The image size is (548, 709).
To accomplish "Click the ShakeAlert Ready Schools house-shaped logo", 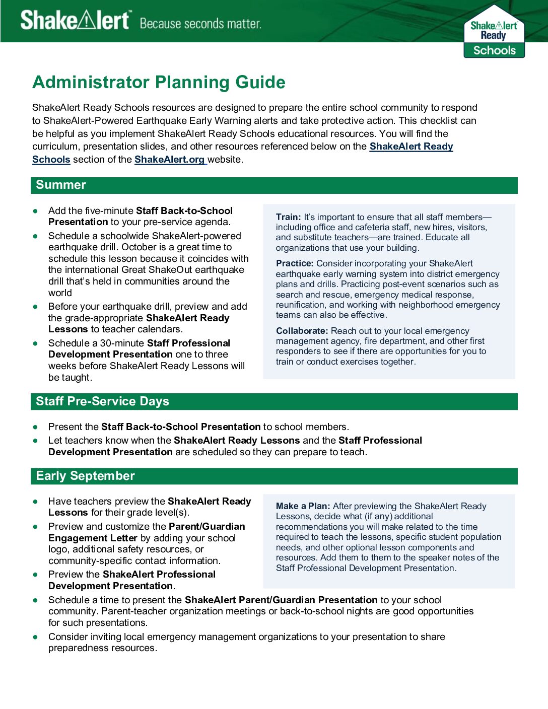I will [x=494, y=31].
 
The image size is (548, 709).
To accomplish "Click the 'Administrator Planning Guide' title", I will [x=159, y=82].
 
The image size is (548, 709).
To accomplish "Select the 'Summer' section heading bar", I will [x=274, y=185].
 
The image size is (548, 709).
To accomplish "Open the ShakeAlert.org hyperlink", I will [x=170, y=160].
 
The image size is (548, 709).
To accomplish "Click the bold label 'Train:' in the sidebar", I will [x=288, y=217].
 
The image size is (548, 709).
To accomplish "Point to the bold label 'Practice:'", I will [x=295, y=263].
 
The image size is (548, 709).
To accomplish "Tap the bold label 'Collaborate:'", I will [x=302, y=331].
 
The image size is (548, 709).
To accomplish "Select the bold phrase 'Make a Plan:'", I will [x=303, y=506].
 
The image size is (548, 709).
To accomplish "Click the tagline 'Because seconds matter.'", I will [x=200, y=24].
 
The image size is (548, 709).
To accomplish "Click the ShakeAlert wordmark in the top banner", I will [x=75, y=21].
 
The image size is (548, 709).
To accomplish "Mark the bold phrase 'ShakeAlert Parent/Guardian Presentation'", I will [x=281, y=600].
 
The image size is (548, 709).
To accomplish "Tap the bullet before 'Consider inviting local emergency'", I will [x=35, y=637].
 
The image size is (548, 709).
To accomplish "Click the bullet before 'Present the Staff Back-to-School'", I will [x=35, y=427].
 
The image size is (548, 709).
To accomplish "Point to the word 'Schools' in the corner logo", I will [x=494, y=50].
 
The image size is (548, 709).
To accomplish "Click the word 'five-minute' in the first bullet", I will [x=109, y=211].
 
